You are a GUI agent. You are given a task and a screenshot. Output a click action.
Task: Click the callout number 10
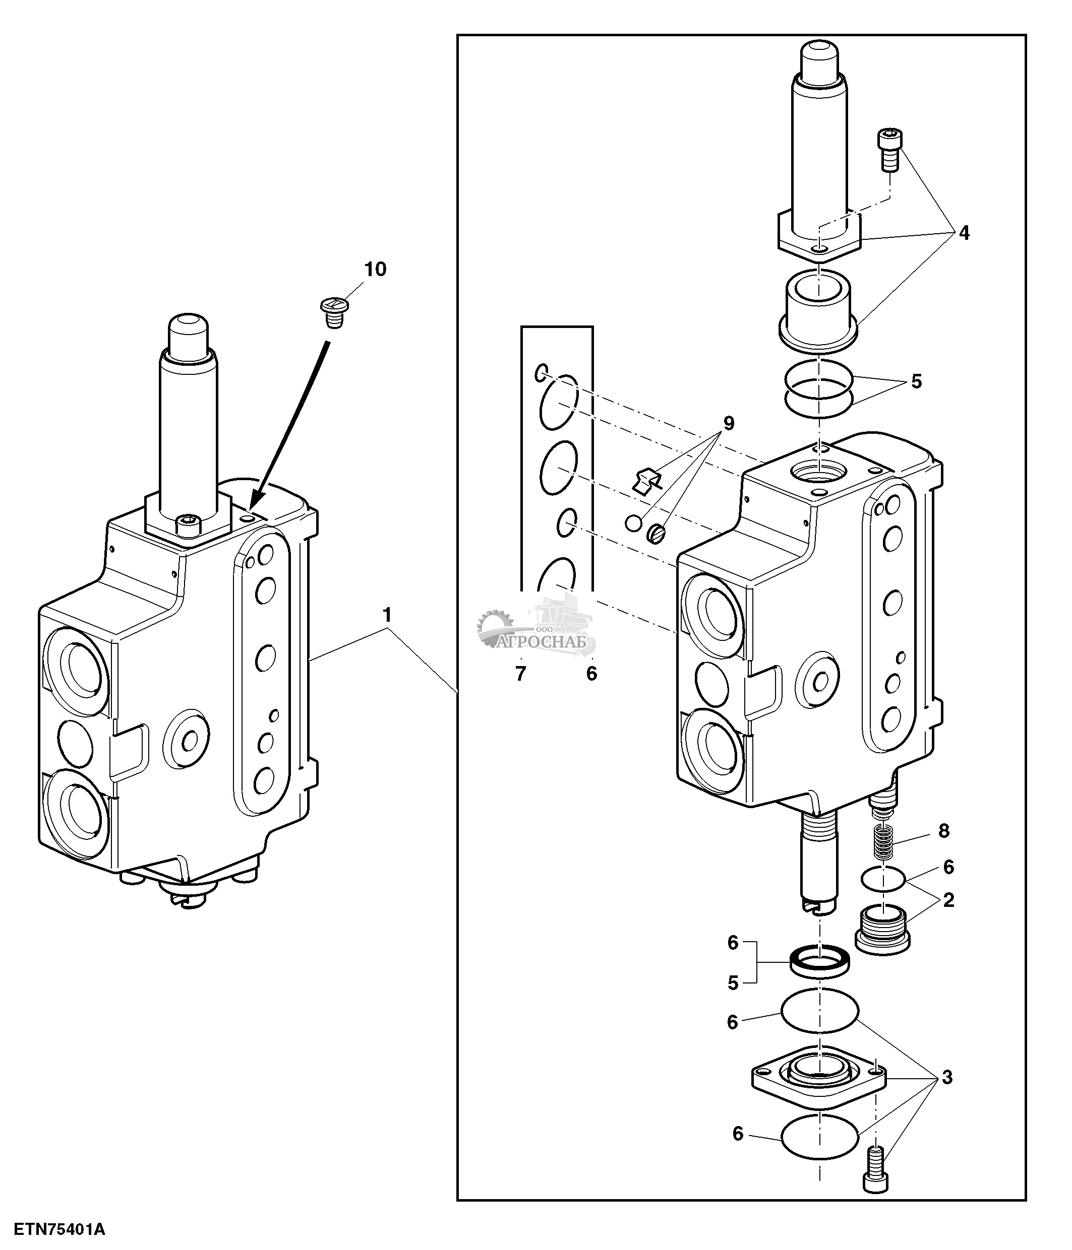tap(375, 269)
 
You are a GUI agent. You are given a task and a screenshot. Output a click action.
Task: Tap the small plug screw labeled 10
tap(331, 312)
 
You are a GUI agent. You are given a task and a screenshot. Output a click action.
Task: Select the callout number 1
tap(387, 615)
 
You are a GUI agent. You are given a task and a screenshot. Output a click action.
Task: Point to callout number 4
tap(964, 233)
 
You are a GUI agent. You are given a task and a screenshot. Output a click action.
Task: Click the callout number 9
tap(729, 424)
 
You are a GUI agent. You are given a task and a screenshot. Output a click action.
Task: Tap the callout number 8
tap(943, 831)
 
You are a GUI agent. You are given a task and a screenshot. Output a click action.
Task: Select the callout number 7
tap(521, 674)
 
